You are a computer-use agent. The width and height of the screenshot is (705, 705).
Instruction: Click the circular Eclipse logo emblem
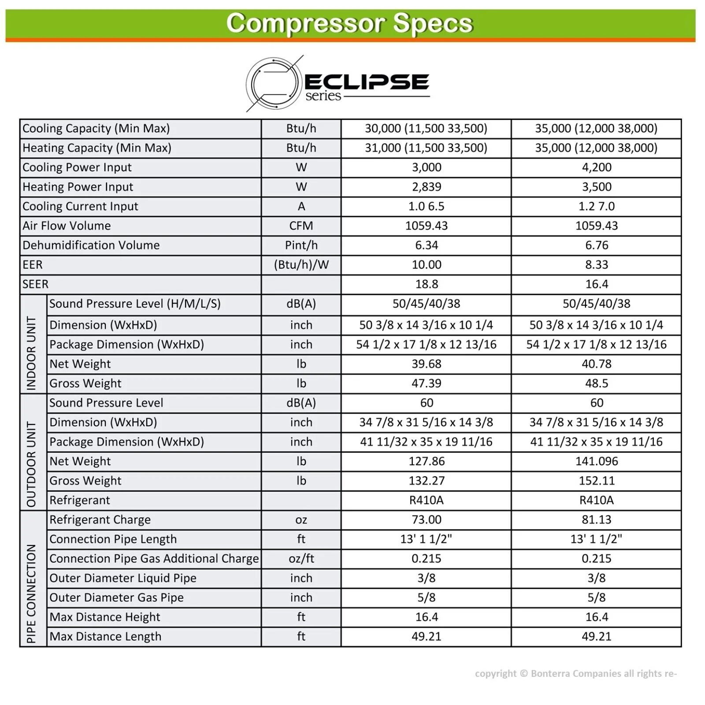click(x=273, y=84)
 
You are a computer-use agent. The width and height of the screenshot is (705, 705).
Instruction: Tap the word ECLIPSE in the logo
click(x=367, y=82)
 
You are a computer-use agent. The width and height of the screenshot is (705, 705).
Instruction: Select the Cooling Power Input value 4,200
click(x=596, y=167)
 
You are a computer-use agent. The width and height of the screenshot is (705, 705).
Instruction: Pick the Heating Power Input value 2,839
click(x=426, y=187)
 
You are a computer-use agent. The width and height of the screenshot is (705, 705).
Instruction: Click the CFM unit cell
click(x=301, y=226)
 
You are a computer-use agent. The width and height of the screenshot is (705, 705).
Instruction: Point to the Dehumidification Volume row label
click(x=91, y=245)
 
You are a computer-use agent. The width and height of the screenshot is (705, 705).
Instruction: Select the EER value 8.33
click(x=596, y=265)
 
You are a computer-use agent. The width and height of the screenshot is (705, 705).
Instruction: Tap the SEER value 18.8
click(x=426, y=284)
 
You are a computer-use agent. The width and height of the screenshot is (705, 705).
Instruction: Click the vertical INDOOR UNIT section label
click(x=32, y=352)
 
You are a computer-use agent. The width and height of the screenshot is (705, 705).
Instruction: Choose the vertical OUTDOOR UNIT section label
click(x=32, y=464)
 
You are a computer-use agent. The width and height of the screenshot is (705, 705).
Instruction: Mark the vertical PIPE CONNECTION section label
click(x=32, y=593)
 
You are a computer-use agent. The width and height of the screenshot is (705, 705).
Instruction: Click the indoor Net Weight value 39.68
click(x=426, y=364)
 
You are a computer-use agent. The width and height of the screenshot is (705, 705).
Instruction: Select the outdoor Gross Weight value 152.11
click(x=596, y=481)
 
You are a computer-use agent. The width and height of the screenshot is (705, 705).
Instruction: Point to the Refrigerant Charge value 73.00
click(x=426, y=519)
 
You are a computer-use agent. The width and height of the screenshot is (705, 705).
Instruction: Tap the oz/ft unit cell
click(x=301, y=559)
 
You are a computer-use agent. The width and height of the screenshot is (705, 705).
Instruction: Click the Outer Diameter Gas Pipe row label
click(x=116, y=597)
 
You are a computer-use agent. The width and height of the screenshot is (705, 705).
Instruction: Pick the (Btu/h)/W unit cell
click(x=301, y=265)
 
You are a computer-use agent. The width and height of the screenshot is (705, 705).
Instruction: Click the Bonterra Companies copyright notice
click(x=575, y=673)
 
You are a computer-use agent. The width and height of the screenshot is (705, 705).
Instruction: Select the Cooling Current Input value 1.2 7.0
click(x=596, y=206)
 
